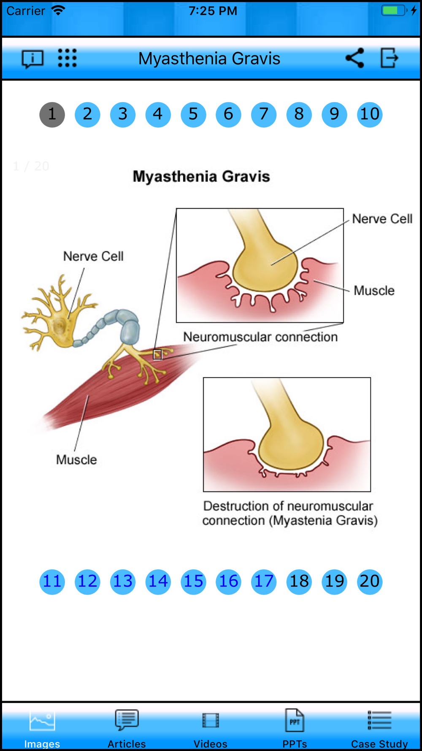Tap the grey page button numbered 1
[x=52, y=114]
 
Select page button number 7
[x=264, y=114]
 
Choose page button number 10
[x=370, y=114]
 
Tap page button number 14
[x=158, y=582]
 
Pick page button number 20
[x=370, y=582]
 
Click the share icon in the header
[x=354, y=58]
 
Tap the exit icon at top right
[x=389, y=58]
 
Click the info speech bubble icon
[x=32, y=59]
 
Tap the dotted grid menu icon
[x=67, y=58]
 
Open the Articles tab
[x=127, y=728]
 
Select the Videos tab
[x=211, y=728]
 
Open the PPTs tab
[x=295, y=728]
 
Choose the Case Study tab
[x=379, y=728]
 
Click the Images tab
[x=42, y=728]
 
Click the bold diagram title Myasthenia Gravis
[x=201, y=177]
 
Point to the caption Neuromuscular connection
[x=260, y=337]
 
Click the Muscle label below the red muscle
[x=76, y=460]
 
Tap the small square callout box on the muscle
[x=157, y=355]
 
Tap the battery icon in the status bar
[x=394, y=11]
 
